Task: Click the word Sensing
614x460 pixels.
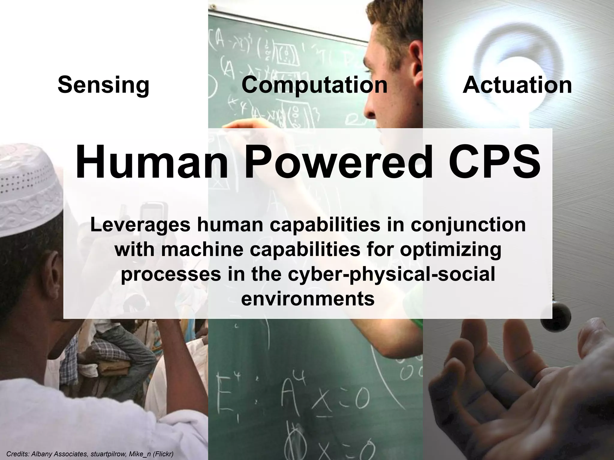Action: click(103, 85)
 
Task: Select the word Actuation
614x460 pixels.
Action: click(517, 85)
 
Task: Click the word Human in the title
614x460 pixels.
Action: click(151, 162)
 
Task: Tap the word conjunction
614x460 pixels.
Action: click(468, 225)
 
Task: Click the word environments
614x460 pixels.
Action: click(308, 298)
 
